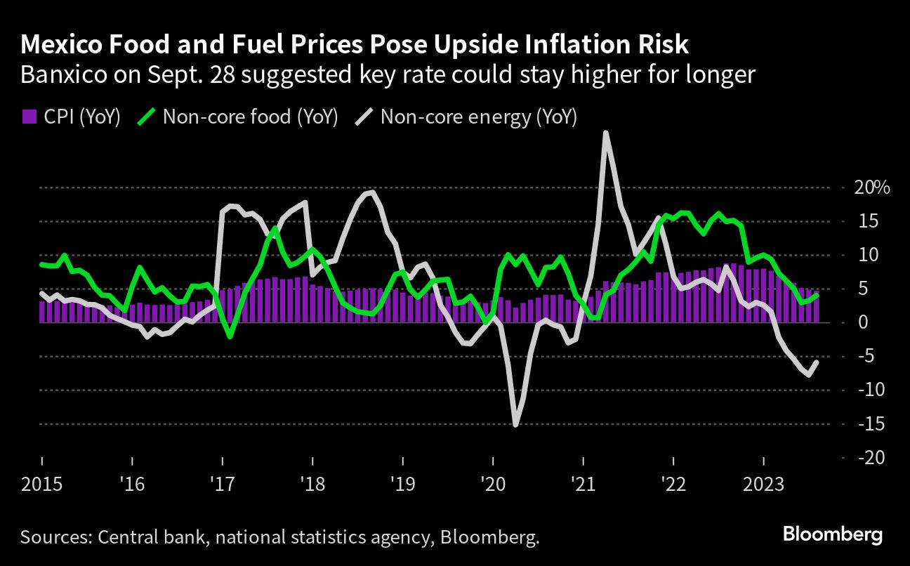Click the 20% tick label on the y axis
[x=871, y=187]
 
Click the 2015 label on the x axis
[x=41, y=485]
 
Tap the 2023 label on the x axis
[x=764, y=485]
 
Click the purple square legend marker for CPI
[x=29, y=117]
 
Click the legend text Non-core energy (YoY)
[x=478, y=117]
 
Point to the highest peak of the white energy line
[x=605, y=133]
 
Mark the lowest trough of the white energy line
[x=515, y=424]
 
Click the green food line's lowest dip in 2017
[x=230, y=337]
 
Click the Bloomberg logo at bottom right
[x=832, y=534]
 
